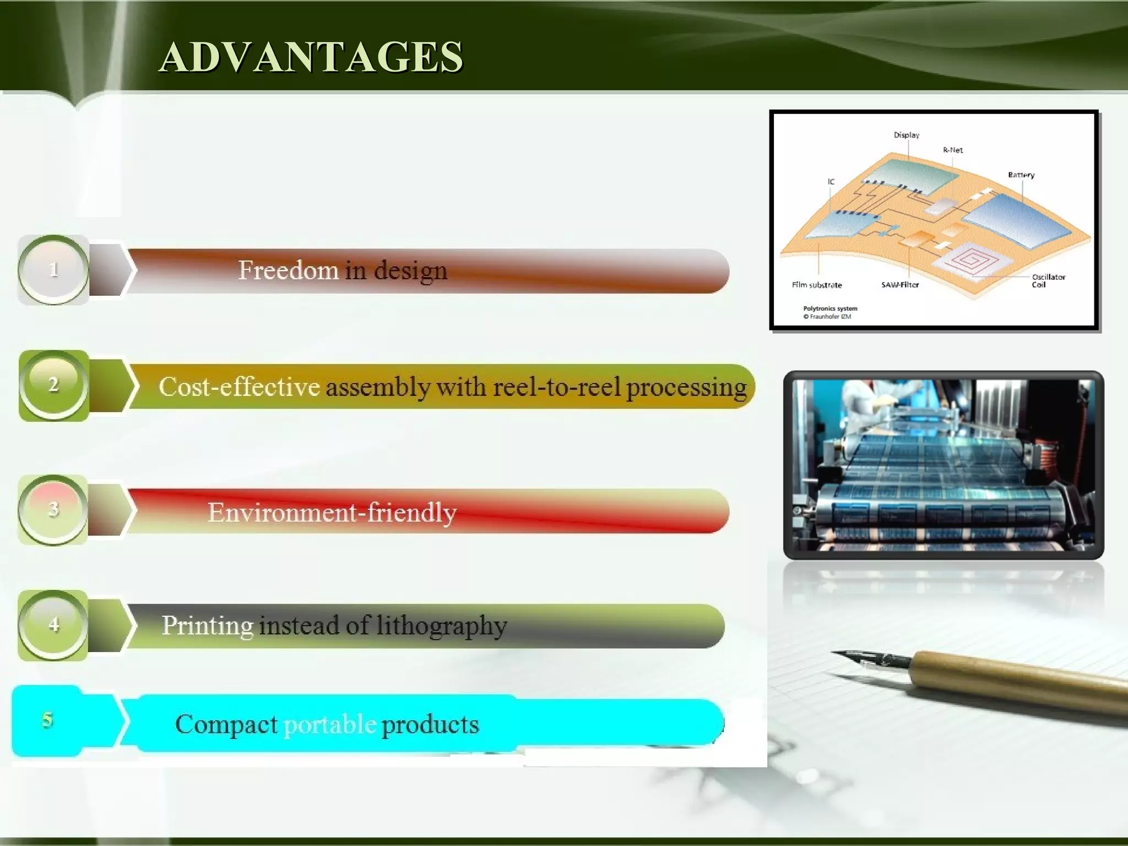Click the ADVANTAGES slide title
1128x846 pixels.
(311, 57)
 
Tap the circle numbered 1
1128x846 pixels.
(53, 270)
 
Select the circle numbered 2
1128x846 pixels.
(53, 384)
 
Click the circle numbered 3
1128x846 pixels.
(53, 509)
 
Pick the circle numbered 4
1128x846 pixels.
(53, 625)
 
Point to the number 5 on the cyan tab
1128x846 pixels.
(47, 720)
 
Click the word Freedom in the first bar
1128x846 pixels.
(288, 270)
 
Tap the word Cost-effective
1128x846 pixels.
(239, 387)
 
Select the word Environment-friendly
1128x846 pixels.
(332, 513)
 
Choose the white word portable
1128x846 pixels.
(329, 725)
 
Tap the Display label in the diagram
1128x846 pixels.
(906, 135)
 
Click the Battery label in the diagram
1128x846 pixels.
(1021, 175)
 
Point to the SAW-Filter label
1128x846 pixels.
(900, 285)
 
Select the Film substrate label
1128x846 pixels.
(817, 285)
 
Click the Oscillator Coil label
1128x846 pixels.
(1048, 280)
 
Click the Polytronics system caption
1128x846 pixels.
(830, 308)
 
